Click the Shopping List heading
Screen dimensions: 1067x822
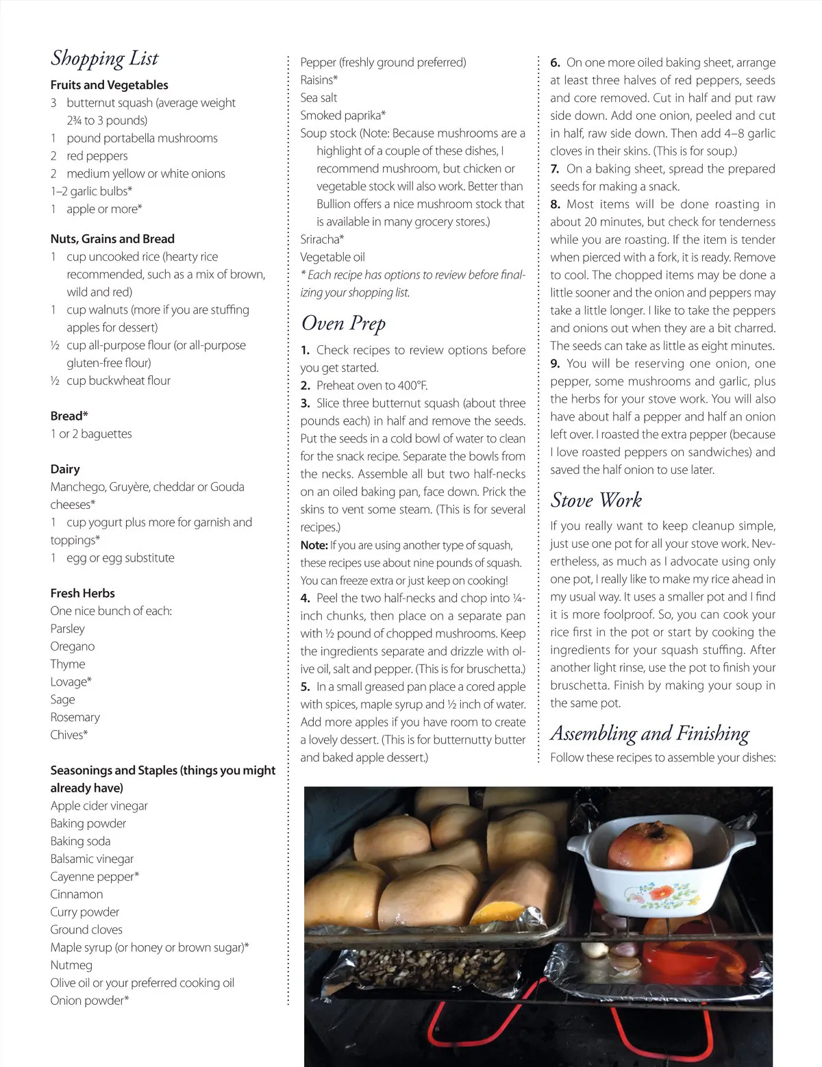click(x=104, y=59)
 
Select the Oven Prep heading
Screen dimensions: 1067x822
click(x=343, y=323)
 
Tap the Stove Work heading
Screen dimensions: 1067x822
click(x=596, y=501)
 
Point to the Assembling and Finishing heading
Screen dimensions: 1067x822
click(x=649, y=733)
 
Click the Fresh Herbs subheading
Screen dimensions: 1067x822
click(x=82, y=593)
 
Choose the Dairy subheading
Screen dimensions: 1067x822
click(x=65, y=469)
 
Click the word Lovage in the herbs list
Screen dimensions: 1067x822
click(x=68, y=681)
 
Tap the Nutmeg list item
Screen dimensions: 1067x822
click(x=71, y=965)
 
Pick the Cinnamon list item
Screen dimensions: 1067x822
click(x=77, y=894)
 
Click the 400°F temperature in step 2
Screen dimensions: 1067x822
click(x=409, y=386)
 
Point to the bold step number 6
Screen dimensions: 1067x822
click(x=555, y=62)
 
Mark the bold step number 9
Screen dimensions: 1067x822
click(x=555, y=364)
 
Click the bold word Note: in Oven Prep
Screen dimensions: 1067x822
click(x=314, y=545)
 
